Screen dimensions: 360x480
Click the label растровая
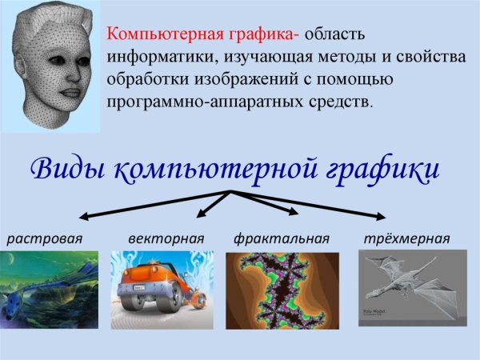coord(46,238)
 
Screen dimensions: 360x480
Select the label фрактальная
coord(282,238)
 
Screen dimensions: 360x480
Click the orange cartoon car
coord(159,285)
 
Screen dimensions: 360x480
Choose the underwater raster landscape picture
coord(49,290)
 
